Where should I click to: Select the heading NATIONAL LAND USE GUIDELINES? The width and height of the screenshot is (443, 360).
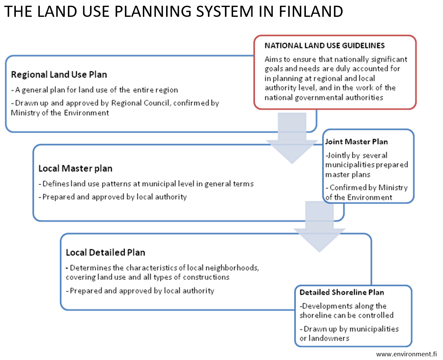(x=324, y=45)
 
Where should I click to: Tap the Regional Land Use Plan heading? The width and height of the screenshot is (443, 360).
(x=59, y=75)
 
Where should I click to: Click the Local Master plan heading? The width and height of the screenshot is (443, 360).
(x=75, y=168)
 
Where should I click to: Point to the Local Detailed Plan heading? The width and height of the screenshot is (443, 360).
(x=105, y=252)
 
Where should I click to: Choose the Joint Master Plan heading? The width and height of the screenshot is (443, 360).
(x=356, y=141)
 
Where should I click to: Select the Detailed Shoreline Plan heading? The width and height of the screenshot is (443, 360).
(x=342, y=292)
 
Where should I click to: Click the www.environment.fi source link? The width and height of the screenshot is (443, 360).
(x=406, y=354)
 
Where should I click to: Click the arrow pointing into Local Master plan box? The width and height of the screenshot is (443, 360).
(x=292, y=138)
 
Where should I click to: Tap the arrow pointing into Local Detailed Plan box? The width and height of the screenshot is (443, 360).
(x=319, y=227)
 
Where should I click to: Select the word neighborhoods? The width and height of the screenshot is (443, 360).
(x=232, y=268)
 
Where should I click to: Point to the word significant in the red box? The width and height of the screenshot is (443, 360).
(x=389, y=60)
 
